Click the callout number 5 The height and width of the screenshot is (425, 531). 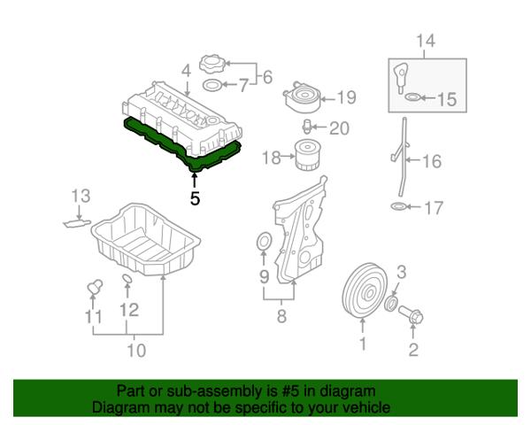coord(195,199)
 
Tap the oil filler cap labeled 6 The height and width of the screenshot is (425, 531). coord(212,65)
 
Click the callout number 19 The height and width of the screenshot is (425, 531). coord(346,97)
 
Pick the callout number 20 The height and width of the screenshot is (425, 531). coord(340,128)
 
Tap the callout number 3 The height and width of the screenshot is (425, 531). coord(401,271)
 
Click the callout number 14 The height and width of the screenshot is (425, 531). coord(426,40)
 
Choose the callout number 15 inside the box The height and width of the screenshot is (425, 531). coord(446,99)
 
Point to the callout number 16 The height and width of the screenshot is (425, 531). coord(432,161)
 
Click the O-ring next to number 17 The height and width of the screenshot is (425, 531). coord(400,208)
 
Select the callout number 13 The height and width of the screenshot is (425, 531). coord(81,194)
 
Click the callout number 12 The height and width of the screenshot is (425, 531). coord(129,310)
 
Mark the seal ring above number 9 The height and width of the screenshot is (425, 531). coord(262,243)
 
